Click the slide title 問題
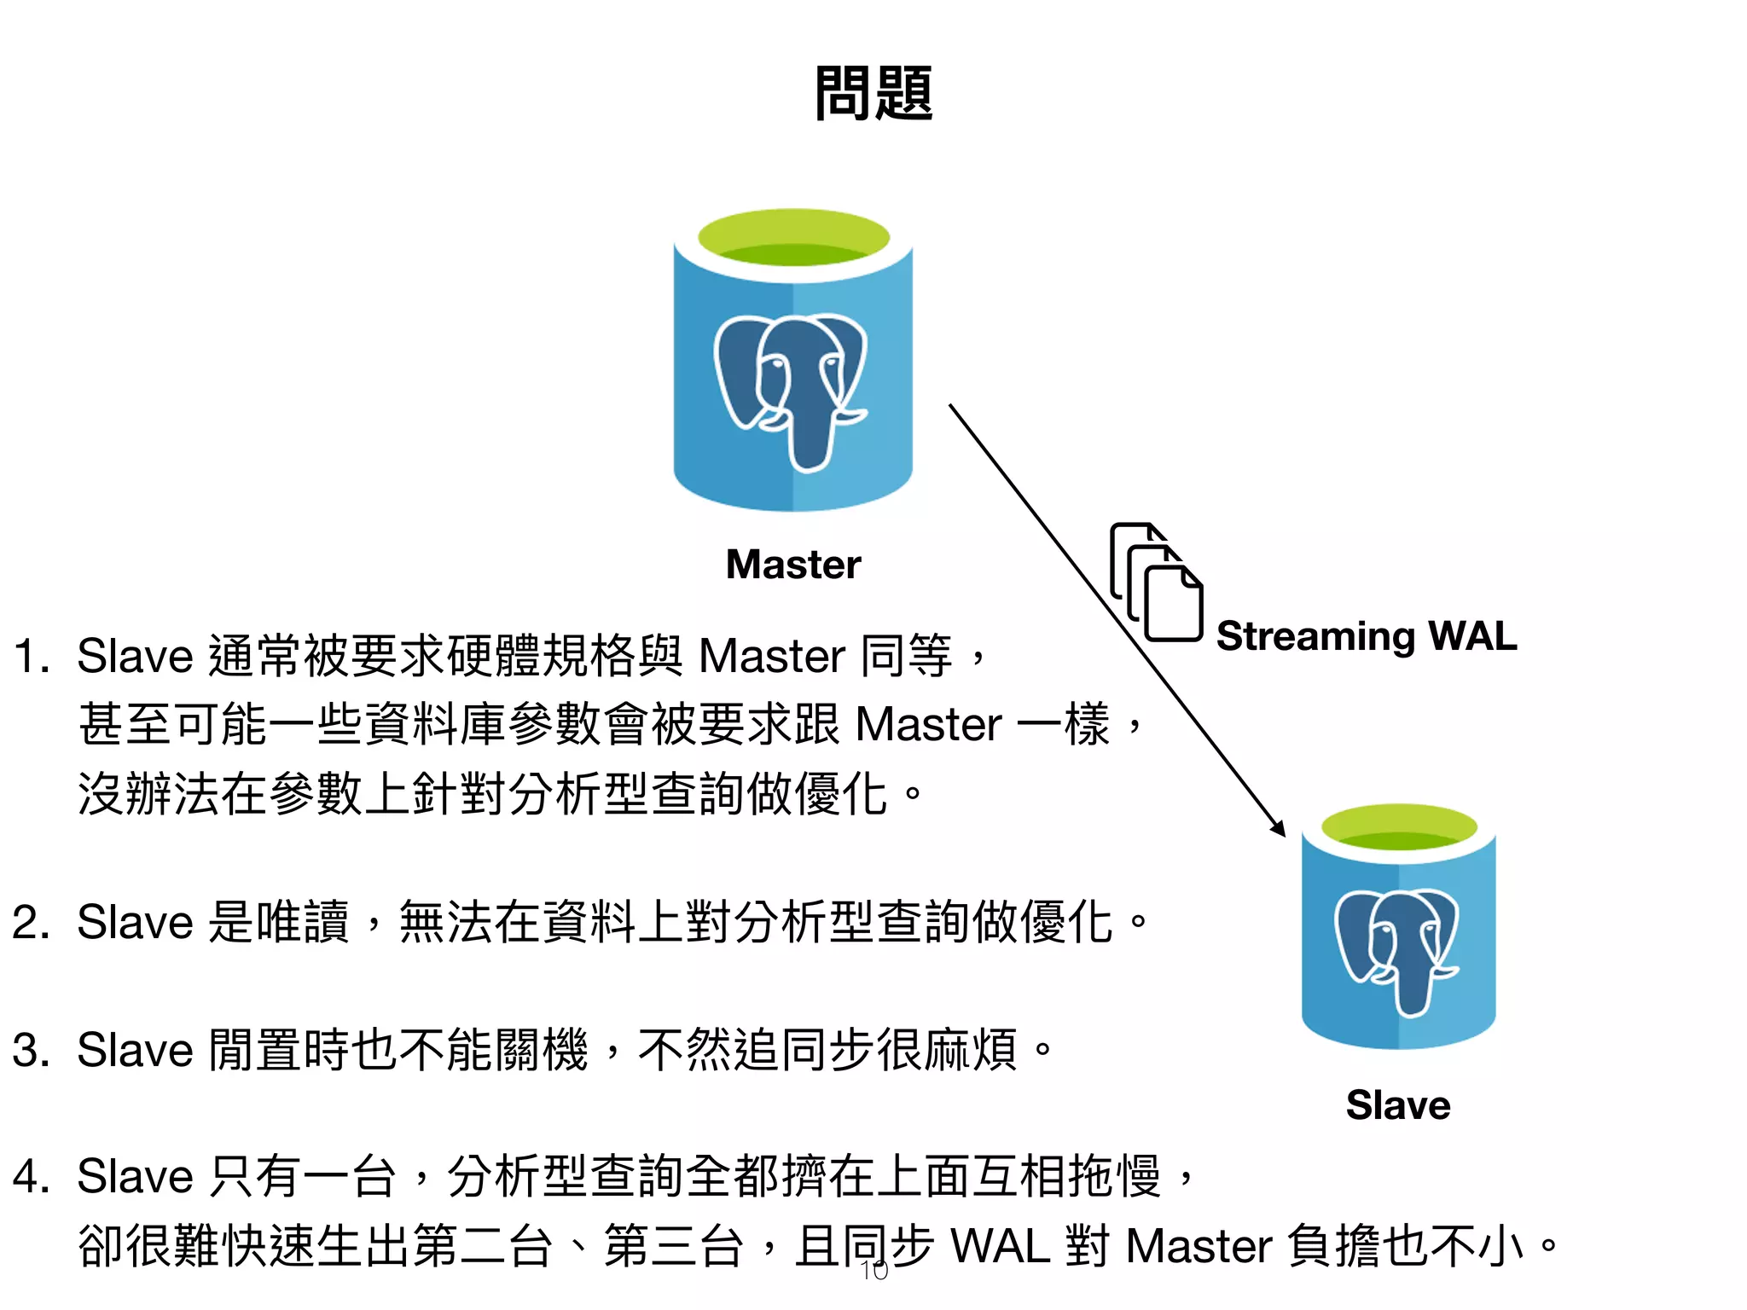[873, 94]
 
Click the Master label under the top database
[793, 565]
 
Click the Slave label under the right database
[1398, 1105]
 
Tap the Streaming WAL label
[1367, 636]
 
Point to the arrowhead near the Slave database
[1279, 828]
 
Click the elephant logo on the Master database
[791, 388]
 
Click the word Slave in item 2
[135, 923]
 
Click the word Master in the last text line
[1199, 1246]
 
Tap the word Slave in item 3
[135, 1051]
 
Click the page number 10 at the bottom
[874, 1271]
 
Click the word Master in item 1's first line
[771, 657]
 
